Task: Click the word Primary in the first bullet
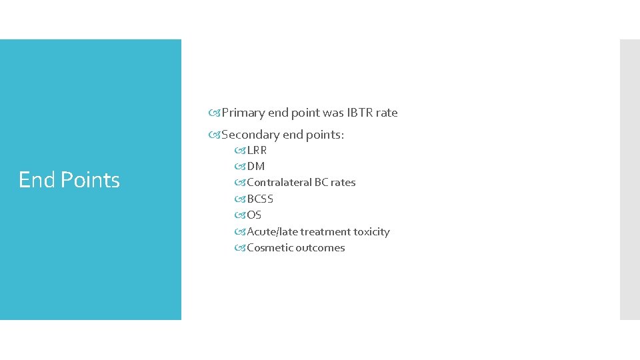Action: pyautogui.click(x=243, y=113)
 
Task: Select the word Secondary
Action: pyautogui.click(x=251, y=135)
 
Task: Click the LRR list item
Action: pyautogui.click(x=257, y=151)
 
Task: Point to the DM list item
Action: pyautogui.click(x=255, y=167)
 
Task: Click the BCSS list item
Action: pyautogui.click(x=260, y=199)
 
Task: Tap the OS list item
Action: pyautogui.click(x=254, y=215)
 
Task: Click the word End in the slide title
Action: pyautogui.click(x=37, y=180)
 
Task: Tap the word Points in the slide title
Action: pyautogui.click(x=89, y=180)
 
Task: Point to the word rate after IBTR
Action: pyautogui.click(x=387, y=113)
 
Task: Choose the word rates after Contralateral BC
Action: pyautogui.click(x=343, y=183)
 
